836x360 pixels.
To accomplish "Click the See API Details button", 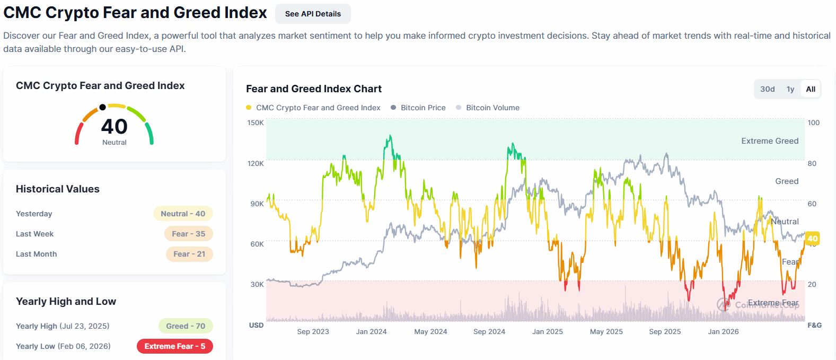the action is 313,14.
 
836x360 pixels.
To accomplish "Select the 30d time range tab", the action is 767,89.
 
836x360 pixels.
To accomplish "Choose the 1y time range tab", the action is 790,89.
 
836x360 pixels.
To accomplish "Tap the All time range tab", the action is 810,89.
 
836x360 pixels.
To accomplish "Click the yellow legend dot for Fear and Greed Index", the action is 249,108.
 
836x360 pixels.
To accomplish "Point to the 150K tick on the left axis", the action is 256,122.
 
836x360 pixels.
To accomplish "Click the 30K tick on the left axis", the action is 257,284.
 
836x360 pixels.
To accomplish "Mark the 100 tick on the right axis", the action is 814,122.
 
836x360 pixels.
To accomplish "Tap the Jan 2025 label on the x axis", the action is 547,331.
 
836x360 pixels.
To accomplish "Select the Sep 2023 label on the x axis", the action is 313,331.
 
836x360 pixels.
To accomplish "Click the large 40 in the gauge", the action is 114,126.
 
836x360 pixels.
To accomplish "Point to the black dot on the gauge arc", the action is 103,108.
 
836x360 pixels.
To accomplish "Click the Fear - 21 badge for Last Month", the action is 189,254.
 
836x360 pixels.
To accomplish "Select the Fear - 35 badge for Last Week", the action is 189,234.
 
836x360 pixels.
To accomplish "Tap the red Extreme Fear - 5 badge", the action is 174,346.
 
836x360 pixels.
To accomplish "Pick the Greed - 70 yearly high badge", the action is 186,326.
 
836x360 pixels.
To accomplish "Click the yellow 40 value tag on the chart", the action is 812,239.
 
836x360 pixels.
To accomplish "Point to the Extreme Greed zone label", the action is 770,141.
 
